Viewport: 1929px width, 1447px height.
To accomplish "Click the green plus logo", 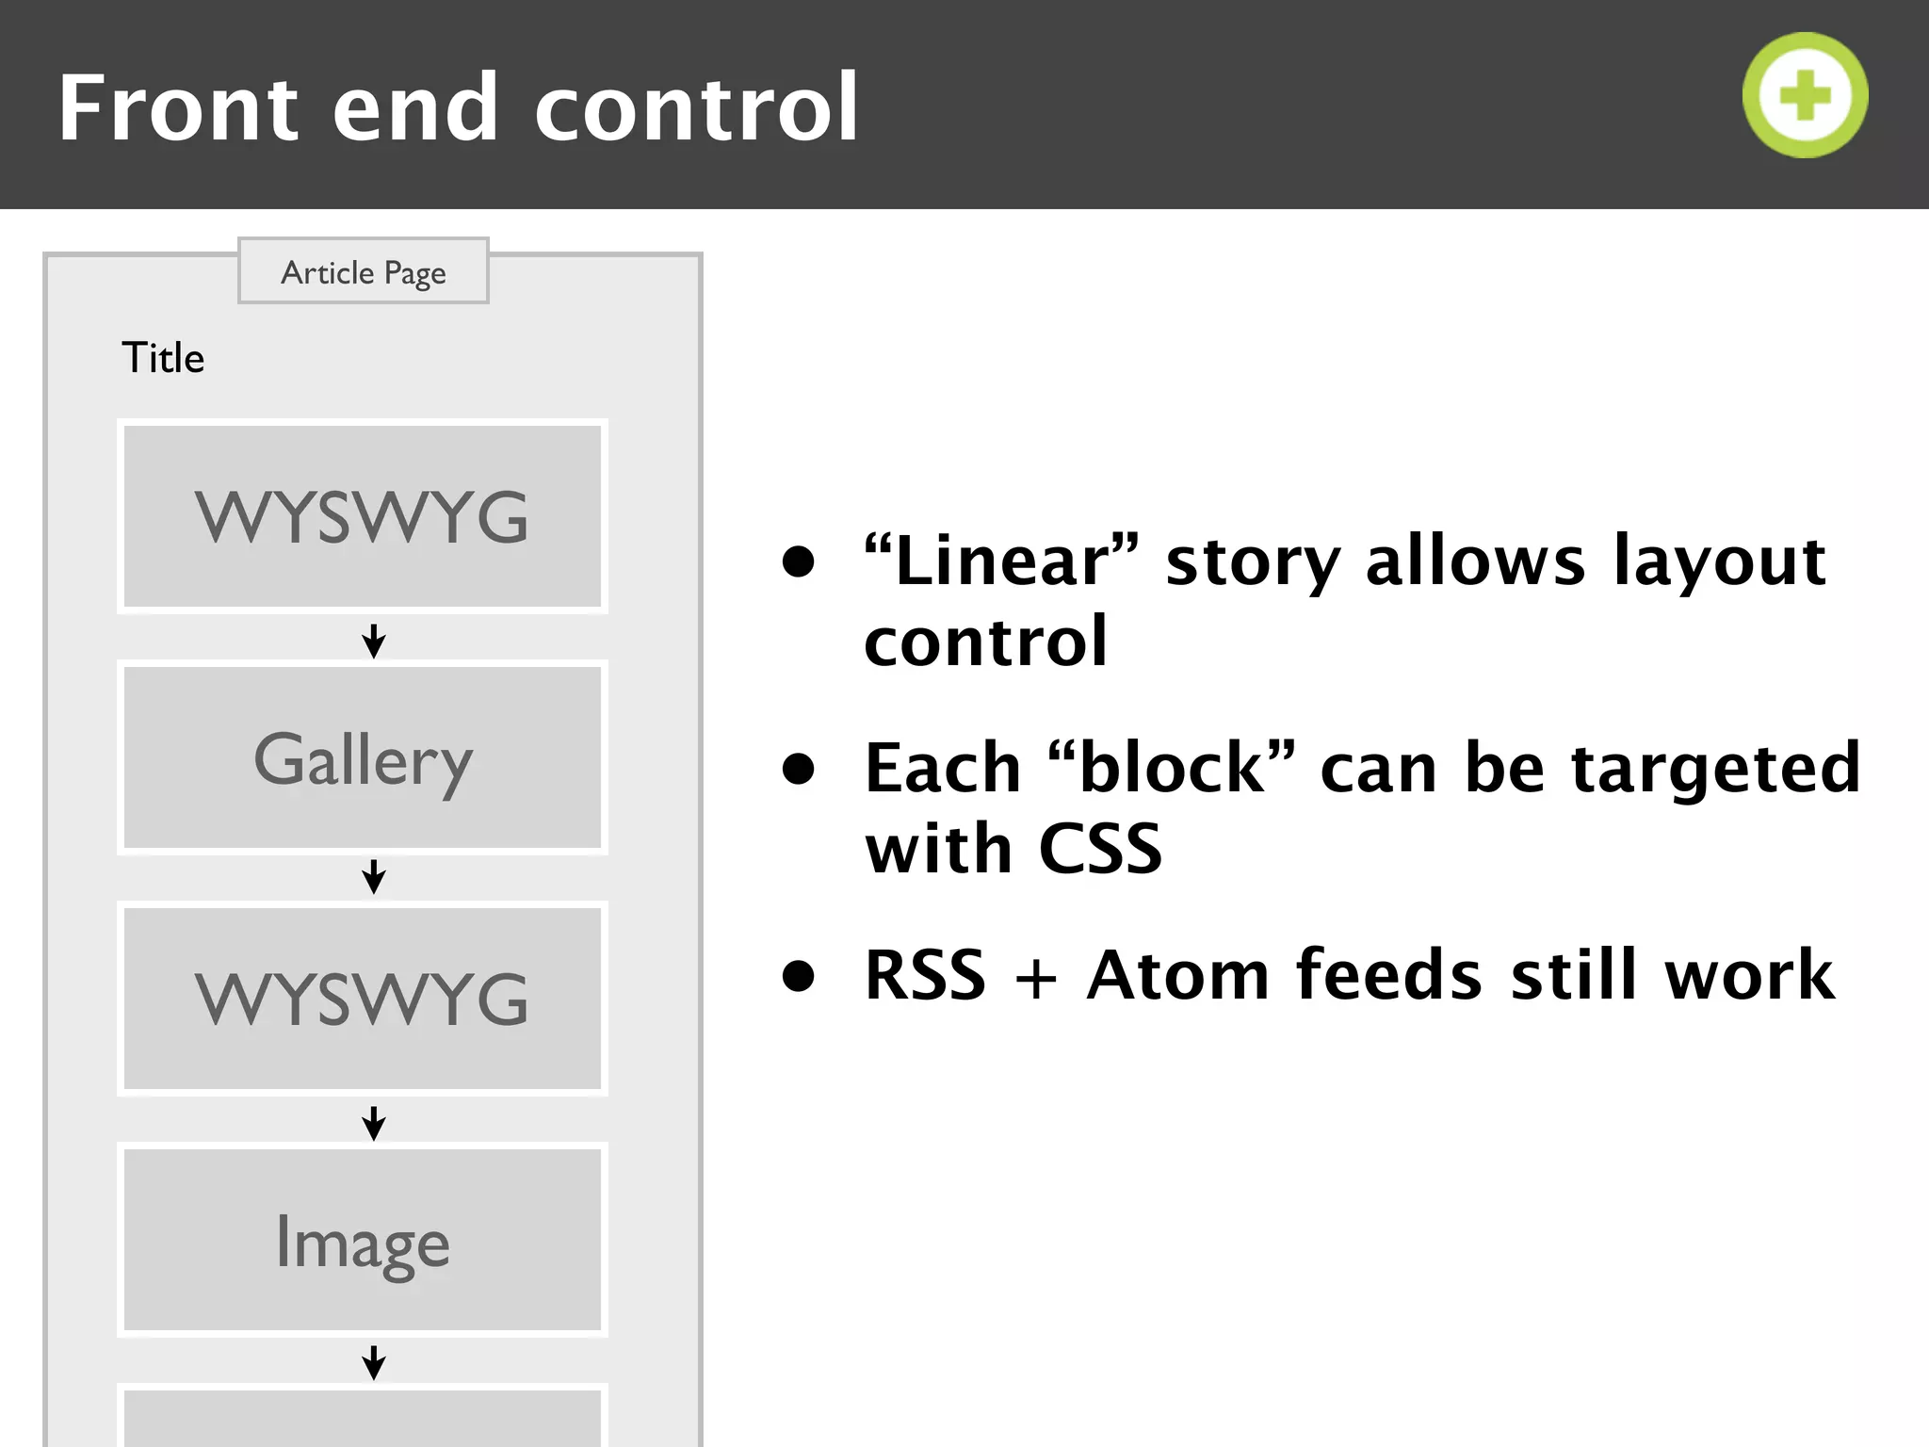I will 1805,95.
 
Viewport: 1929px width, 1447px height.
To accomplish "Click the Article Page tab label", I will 363,272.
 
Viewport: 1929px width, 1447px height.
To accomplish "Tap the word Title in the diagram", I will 163,358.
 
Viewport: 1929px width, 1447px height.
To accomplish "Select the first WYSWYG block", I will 363,516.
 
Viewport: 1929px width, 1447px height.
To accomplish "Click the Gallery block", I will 363,758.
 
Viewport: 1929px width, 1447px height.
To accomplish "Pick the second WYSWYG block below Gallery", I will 363,999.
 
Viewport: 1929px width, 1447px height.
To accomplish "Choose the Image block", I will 363,1241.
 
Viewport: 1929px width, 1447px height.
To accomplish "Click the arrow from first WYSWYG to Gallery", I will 374,641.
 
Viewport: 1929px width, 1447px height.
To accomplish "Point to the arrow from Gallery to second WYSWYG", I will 374,876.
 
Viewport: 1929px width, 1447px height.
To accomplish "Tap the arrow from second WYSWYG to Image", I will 374,1123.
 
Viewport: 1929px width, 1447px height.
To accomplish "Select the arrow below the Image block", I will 374,1362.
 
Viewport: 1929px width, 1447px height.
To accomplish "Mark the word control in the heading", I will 696,108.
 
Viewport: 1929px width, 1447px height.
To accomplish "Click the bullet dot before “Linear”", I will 798,562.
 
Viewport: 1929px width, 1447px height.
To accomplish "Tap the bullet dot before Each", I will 798,769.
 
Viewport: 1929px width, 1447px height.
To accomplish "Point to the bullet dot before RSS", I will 798,976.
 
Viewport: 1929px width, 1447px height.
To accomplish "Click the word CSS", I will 1100,849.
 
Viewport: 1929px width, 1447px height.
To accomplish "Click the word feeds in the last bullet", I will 1389,975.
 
